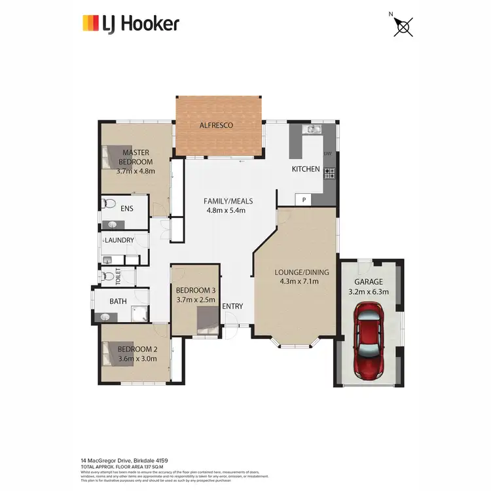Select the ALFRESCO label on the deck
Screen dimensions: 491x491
(x=216, y=125)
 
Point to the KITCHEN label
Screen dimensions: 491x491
(x=306, y=169)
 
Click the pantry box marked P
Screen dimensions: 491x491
(x=304, y=199)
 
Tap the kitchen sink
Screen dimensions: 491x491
(x=312, y=131)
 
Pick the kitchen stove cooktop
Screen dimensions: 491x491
(x=329, y=173)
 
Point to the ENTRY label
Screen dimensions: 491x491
(x=232, y=306)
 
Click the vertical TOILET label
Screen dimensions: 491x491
(x=118, y=276)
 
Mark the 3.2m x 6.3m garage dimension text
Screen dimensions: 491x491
(x=369, y=292)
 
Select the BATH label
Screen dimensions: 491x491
(x=118, y=302)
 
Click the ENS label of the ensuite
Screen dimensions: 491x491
(x=128, y=209)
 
